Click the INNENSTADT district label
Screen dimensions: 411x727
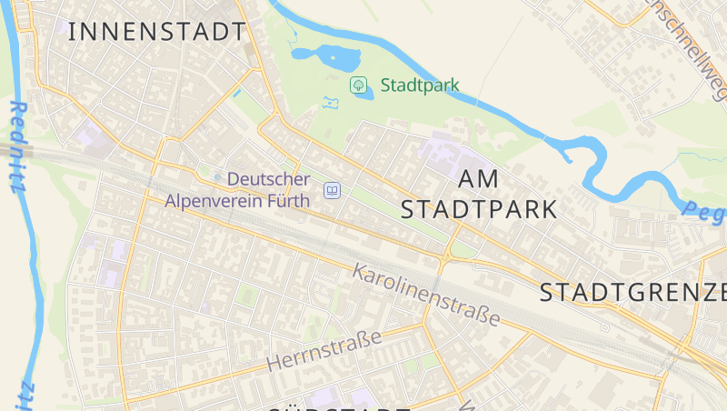(x=156, y=32)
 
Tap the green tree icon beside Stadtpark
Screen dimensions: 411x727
(x=359, y=85)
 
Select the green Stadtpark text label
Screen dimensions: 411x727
(x=420, y=85)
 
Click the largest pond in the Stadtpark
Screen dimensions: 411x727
(x=330, y=56)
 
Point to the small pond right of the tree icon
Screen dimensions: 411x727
(x=364, y=95)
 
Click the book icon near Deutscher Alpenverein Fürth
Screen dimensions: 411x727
(x=333, y=191)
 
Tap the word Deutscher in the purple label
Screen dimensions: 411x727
(x=268, y=180)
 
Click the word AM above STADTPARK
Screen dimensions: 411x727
(x=480, y=178)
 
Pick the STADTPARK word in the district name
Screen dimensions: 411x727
(x=479, y=210)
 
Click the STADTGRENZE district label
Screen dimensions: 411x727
(x=632, y=293)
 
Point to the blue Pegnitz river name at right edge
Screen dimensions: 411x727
(x=705, y=213)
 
